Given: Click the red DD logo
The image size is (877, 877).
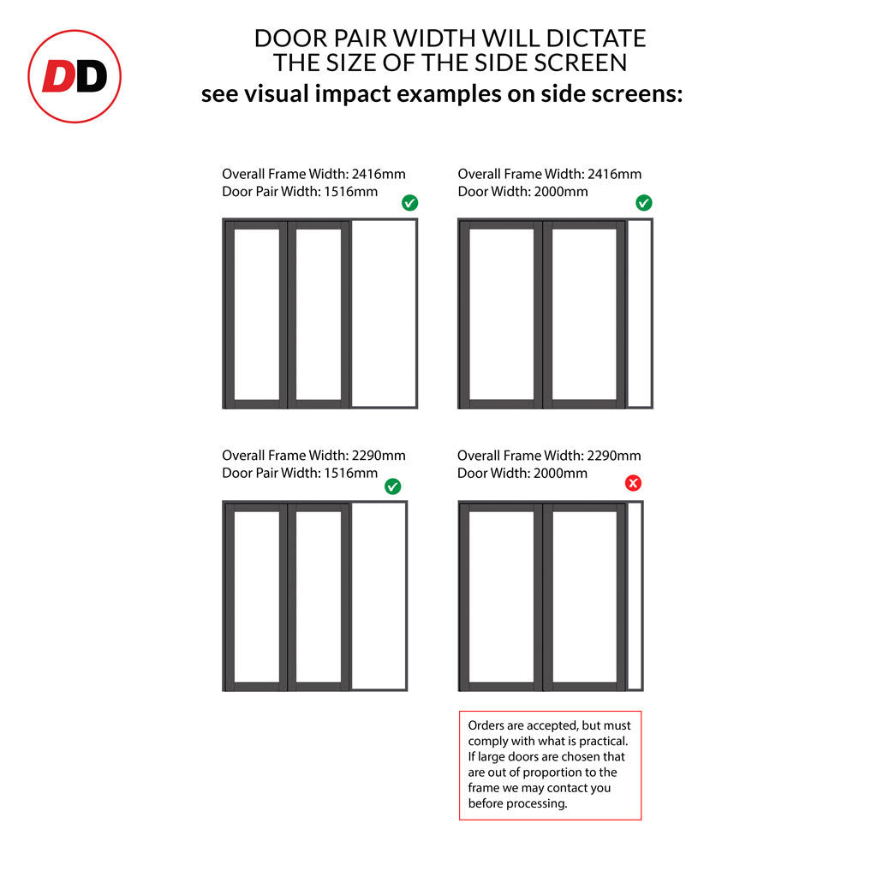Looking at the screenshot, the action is (75, 76).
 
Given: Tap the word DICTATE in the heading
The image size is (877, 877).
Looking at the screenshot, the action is (596, 38).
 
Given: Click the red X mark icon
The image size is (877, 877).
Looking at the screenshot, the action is (633, 483).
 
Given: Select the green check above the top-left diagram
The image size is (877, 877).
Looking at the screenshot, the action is (410, 202).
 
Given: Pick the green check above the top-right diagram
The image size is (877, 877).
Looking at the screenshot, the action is (644, 202).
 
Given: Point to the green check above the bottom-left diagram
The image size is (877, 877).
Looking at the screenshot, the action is (392, 486).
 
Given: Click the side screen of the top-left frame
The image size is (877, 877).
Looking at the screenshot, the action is (385, 313).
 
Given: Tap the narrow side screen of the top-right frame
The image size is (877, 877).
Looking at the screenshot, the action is (640, 313).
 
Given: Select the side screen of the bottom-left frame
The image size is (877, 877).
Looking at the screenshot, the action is (379, 596).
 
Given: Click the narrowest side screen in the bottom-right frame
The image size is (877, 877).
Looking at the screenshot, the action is (635, 596).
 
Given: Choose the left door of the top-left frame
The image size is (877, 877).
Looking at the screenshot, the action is (257, 314).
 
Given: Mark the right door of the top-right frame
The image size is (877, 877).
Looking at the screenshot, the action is (584, 314).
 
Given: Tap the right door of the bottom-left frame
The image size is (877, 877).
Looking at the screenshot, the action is (319, 597).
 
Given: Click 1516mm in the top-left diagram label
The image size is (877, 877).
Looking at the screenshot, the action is (351, 192).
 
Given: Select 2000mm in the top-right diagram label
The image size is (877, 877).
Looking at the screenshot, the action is (561, 192).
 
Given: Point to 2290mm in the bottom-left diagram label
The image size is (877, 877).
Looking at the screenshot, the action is (379, 456).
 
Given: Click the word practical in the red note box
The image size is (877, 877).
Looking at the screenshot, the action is (604, 741).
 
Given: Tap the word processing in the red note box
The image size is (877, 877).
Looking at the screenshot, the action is (540, 803).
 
